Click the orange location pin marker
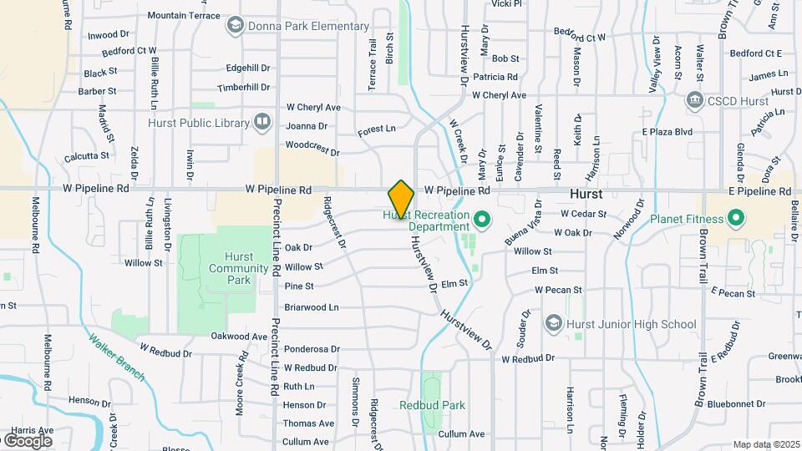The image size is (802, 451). pos(401,199)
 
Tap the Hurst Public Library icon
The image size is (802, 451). pos(262,123)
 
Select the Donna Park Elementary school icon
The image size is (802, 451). pos(235,27)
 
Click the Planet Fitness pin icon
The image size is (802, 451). pos(736,220)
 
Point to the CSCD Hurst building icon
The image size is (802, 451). pos(694,101)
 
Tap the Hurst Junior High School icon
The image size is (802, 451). pos(553,323)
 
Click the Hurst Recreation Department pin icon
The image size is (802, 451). pos(481,220)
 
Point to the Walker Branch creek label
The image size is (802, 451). pos(117,357)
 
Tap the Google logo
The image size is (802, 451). pos(28,440)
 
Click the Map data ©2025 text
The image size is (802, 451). pos(765,444)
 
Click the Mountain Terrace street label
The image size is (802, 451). pos(183,15)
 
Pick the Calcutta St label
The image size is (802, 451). pos(87,155)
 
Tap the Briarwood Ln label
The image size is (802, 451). pos(311,307)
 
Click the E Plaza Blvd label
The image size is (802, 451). pos(667,132)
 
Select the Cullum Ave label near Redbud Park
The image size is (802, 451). pos(461,434)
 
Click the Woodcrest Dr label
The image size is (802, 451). pos(312,153)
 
